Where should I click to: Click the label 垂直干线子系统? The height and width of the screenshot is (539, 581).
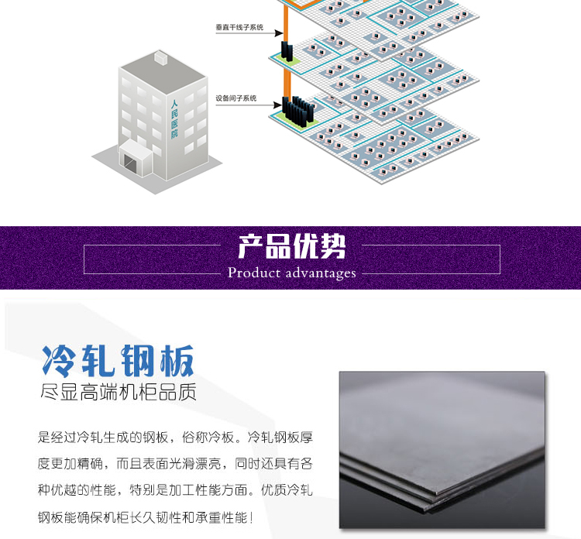pos(239,28)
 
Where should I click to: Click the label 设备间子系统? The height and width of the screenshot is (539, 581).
pos(235,99)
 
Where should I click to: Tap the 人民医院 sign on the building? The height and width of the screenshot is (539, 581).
pos(174,118)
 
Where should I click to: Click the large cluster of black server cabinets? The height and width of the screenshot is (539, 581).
pos(297,112)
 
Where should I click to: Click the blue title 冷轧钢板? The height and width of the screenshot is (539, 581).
pos(118,360)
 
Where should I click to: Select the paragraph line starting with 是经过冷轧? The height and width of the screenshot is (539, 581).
pos(175,437)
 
